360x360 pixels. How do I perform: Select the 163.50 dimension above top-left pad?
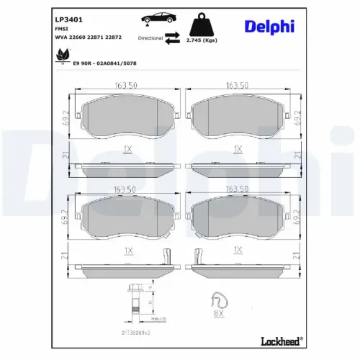point(127,86)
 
